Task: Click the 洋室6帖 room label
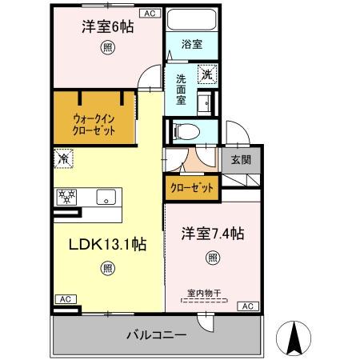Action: pos(106,26)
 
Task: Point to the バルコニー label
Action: pos(157,335)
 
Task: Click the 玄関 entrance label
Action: pos(242,159)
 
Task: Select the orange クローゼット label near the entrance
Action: pos(191,189)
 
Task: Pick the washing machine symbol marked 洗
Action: pos(206,74)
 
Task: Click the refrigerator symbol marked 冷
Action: pos(63,158)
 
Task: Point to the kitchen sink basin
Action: pos(105,197)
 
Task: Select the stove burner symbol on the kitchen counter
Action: pos(66,197)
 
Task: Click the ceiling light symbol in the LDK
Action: pos(107,270)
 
